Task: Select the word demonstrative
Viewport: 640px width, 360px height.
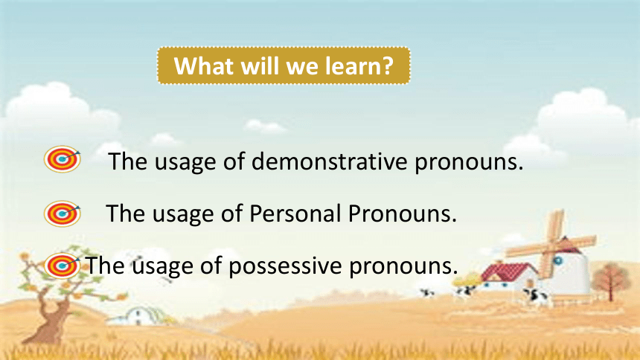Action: click(x=329, y=161)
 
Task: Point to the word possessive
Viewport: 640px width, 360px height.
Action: click(x=285, y=266)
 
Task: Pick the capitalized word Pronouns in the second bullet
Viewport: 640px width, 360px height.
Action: click(x=403, y=213)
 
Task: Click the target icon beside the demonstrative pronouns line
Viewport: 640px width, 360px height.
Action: click(x=62, y=158)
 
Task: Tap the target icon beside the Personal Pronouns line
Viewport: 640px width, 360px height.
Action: click(x=62, y=213)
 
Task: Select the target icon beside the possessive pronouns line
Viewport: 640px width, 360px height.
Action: click(x=62, y=266)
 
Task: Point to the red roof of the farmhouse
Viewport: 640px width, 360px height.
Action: click(x=508, y=271)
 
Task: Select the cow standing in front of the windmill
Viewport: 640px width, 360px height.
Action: click(x=535, y=296)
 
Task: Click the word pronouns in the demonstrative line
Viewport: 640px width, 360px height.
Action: click(x=469, y=162)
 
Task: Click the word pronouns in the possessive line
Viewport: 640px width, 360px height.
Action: click(x=403, y=266)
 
